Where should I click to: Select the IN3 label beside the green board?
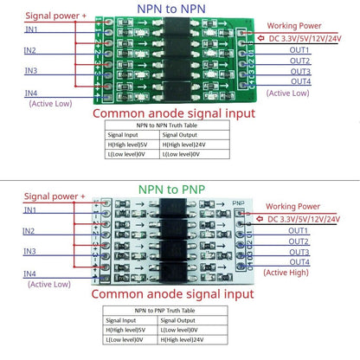[x=31, y=70]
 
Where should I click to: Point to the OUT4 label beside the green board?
[x=299, y=82]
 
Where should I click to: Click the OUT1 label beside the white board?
[x=299, y=231]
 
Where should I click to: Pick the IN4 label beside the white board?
[x=31, y=273]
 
